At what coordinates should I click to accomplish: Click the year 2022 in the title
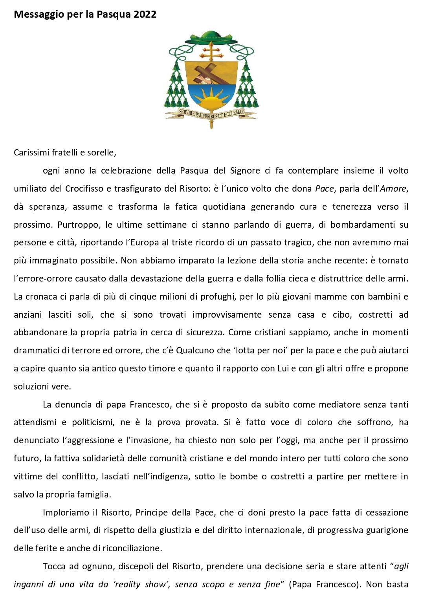(x=145, y=15)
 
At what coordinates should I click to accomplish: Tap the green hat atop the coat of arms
(x=211, y=38)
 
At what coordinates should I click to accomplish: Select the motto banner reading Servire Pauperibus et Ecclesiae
(x=211, y=114)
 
